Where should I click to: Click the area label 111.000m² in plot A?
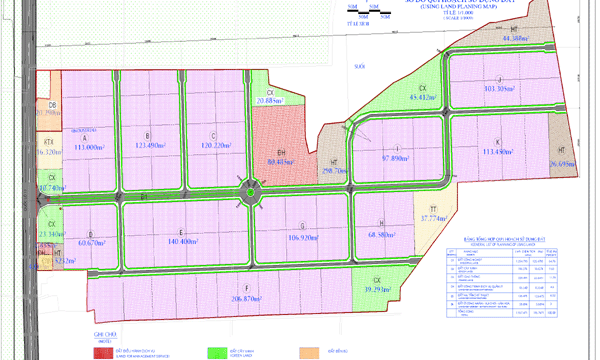90,147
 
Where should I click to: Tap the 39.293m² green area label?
378,290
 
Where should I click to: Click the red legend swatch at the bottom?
104,352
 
